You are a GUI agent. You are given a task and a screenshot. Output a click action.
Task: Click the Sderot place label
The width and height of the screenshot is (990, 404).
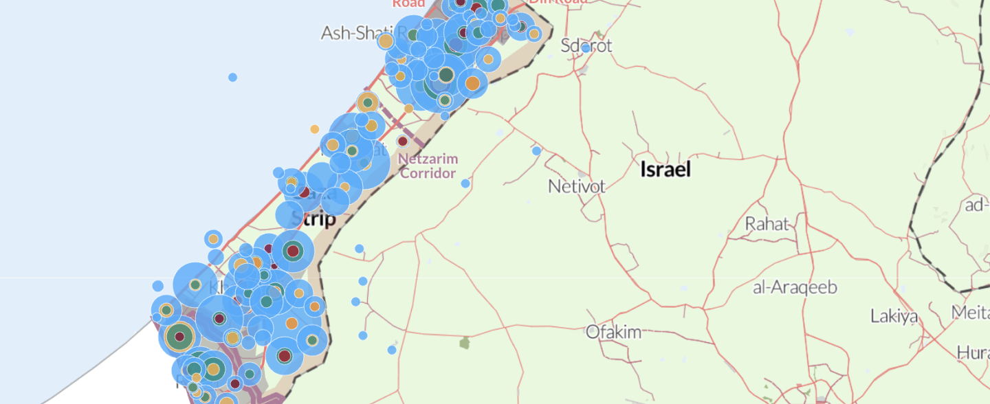586,46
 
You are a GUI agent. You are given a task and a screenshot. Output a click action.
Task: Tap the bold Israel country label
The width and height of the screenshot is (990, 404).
665,170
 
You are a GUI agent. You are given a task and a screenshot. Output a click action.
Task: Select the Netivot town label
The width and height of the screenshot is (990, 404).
577,186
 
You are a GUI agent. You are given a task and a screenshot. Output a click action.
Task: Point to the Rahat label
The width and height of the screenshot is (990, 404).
767,224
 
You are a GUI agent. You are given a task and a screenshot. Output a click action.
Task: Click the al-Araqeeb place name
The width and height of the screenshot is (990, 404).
795,287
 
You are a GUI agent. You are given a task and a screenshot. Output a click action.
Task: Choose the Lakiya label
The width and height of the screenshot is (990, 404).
894,317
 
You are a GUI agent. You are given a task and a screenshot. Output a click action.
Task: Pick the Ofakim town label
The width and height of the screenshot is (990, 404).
613,333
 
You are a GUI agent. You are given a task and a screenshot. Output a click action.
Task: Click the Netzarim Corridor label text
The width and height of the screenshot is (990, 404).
428,166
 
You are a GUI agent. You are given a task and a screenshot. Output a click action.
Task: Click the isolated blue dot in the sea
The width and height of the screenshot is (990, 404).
232,77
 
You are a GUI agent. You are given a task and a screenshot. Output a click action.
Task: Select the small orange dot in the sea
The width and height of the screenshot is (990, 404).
314,129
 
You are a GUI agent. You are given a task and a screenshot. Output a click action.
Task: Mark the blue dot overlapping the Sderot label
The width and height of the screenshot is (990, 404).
586,48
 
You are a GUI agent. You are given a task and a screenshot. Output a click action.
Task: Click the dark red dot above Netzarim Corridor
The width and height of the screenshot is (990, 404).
402,142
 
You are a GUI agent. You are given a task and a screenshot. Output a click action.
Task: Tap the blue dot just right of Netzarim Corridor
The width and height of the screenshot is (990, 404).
465,183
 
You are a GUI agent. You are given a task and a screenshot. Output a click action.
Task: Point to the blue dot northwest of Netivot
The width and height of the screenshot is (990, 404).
536,150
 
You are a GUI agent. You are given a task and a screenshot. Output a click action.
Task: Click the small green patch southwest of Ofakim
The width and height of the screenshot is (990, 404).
465,342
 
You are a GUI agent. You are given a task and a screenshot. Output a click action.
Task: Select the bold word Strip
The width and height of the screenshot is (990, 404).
318,220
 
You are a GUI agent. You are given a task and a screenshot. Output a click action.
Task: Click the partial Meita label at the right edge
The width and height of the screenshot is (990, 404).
970,313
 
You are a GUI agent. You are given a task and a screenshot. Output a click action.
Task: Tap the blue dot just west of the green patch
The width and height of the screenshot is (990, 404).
392,350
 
